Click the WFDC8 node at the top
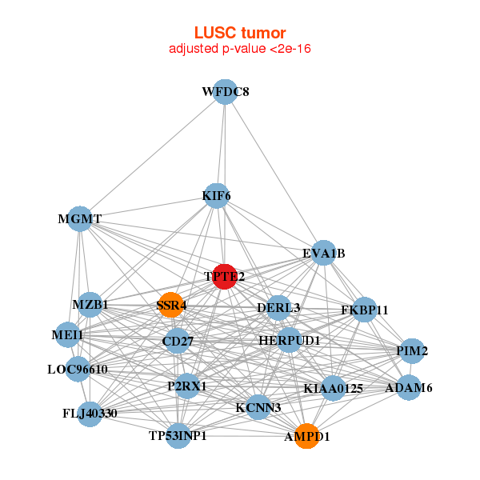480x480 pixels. tap(226, 91)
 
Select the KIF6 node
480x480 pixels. tap(216, 195)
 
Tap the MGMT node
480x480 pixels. tap(80, 218)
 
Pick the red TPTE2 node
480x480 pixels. tap(225, 276)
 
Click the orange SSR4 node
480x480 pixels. tap(171, 305)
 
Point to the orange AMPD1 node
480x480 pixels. tap(306, 436)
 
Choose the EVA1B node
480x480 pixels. tap(323, 254)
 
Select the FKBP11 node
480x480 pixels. tap(364, 310)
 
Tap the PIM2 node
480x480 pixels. tap(412, 350)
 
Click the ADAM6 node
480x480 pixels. tap(409, 388)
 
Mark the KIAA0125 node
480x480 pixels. tap(333, 388)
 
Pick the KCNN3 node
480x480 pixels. tap(258, 407)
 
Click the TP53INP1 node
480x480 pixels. tap(178, 435)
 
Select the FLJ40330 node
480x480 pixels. tap(90, 414)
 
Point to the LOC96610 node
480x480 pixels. tap(77, 369)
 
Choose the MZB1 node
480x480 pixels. tap(90, 304)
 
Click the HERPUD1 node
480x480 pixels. tap(289, 341)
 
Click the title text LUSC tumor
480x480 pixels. tap(240, 33)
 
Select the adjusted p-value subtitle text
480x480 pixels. tap(240, 49)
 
